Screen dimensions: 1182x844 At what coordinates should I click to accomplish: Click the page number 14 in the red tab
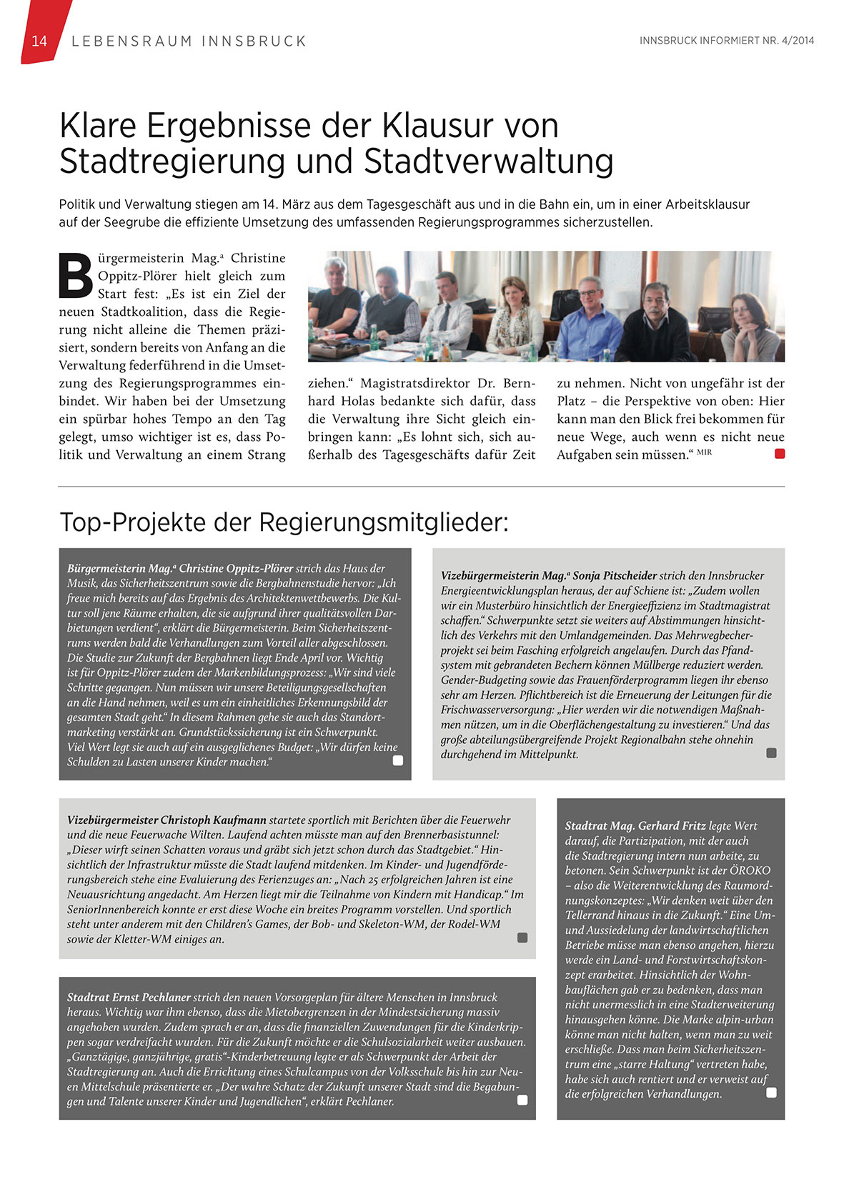tap(39, 41)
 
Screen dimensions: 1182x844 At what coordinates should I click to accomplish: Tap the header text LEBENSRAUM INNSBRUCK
tap(189, 41)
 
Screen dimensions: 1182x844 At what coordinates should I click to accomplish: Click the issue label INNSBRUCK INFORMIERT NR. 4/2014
tap(726, 41)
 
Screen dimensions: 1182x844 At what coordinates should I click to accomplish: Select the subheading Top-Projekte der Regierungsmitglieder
tap(284, 522)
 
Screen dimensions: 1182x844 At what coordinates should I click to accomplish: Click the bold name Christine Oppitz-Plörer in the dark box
tap(236, 569)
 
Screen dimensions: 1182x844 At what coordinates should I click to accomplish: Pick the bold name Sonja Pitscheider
tap(615, 576)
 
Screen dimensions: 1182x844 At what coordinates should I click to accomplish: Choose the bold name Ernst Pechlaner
tap(152, 998)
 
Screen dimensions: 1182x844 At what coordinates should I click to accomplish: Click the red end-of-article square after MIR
tap(780, 453)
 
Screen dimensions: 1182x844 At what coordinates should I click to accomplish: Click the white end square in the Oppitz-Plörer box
tap(398, 760)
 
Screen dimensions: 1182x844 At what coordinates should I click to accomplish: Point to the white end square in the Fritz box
tap(771, 1093)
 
